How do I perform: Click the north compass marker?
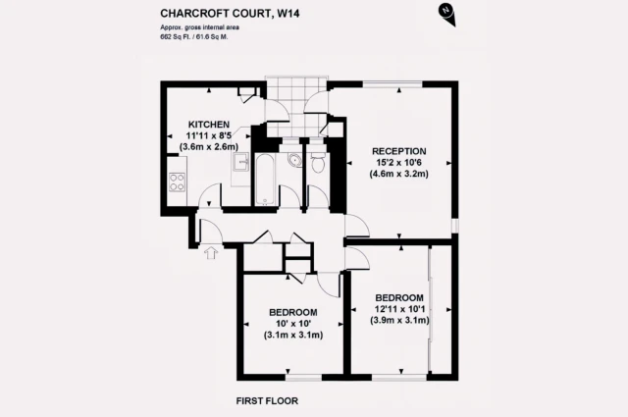click(447, 11)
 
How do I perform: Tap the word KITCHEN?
click(209, 125)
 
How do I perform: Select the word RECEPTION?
click(400, 152)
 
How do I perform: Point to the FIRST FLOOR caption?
click(268, 400)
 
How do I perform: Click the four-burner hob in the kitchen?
click(178, 182)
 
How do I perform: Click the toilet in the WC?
click(316, 166)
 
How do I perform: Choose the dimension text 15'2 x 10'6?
click(400, 164)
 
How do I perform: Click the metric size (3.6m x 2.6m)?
click(209, 147)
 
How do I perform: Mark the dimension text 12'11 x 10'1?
click(399, 309)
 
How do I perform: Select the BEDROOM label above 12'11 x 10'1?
click(399, 297)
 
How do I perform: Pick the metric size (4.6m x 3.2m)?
click(400, 176)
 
